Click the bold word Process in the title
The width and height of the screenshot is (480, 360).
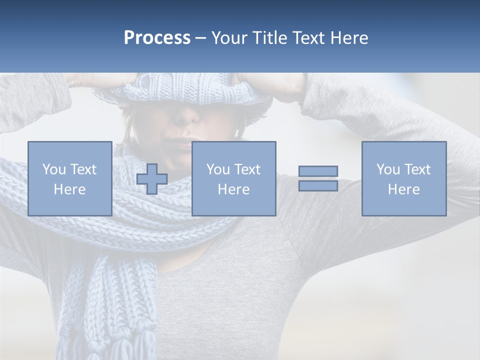(157, 38)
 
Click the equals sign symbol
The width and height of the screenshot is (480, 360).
(318, 178)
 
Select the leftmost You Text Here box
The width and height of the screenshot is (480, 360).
(69, 178)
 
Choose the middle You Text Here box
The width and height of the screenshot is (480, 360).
(233, 178)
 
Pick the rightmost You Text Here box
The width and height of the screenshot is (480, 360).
(403, 178)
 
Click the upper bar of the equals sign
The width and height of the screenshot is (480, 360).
(318, 171)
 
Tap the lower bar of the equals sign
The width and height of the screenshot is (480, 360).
(318, 185)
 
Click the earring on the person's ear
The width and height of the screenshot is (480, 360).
(237, 133)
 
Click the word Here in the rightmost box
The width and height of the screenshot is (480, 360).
(403, 189)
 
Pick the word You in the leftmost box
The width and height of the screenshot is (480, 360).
(54, 169)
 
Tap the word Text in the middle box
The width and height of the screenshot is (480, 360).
(247, 169)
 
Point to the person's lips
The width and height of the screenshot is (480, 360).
(183, 145)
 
